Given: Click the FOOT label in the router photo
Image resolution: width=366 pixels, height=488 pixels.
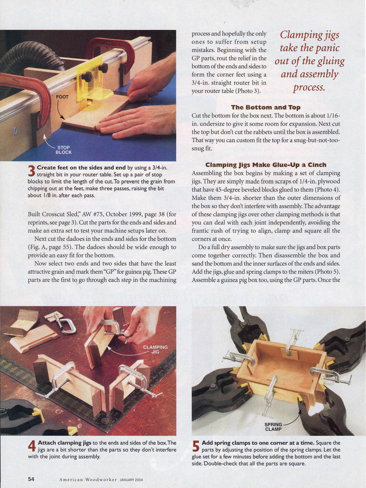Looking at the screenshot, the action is [x=62, y=97].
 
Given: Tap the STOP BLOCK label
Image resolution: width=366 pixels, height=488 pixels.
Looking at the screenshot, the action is [x=64, y=150].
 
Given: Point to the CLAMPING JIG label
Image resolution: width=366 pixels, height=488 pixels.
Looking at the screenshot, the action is [x=155, y=349].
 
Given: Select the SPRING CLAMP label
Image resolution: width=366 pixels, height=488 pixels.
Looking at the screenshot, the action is [x=273, y=427].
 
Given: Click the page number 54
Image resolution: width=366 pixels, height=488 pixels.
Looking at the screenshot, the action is [x=31, y=479].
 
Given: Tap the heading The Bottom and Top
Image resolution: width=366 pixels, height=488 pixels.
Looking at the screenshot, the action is [x=266, y=107].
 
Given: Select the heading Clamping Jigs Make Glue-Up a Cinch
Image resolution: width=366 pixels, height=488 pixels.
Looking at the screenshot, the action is [x=266, y=165].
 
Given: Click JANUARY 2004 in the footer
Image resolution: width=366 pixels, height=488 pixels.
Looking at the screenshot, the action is [x=131, y=480].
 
